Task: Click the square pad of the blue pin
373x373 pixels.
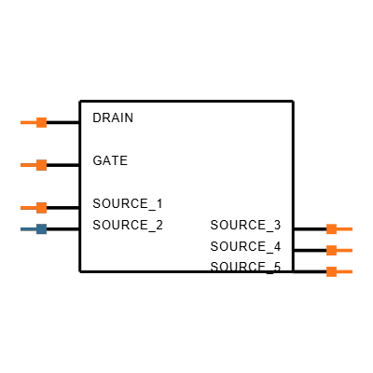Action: point(41,229)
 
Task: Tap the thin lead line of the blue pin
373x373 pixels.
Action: point(28,229)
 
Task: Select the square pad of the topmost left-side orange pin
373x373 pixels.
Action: point(41,122)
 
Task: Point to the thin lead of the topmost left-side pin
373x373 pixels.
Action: point(28,122)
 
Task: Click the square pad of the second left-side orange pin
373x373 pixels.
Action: point(41,165)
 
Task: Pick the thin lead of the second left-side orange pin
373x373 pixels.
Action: point(28,165)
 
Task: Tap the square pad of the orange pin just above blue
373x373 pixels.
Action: point(41,208)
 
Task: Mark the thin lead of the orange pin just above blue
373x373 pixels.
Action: point(28,208)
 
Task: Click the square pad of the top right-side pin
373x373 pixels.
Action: point(331,228)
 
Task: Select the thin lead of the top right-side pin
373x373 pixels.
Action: point(345,228)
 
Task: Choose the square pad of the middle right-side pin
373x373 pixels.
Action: point(331,250)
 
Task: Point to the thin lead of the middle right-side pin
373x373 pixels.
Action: point(345,250)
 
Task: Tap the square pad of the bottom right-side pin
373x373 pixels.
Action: point(331,271)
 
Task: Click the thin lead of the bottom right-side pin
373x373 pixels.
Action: point(345,271)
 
